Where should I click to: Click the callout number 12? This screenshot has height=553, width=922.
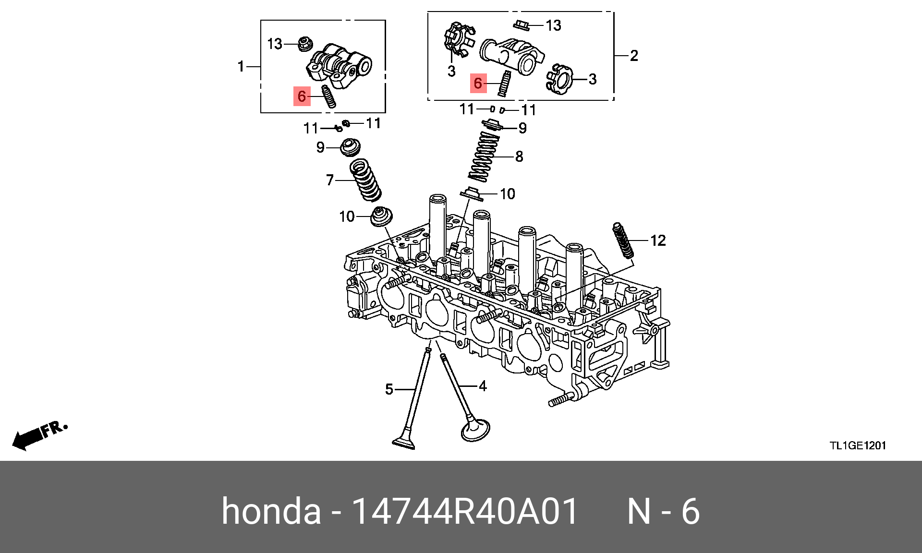(658, 240)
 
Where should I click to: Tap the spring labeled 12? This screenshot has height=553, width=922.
(623, 240)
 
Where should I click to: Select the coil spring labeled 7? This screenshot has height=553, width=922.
(366, 180)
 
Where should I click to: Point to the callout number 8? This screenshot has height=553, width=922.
(519, 156)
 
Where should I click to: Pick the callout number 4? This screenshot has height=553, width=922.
(483, 386)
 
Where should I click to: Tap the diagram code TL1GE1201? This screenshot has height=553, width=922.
(858, 445)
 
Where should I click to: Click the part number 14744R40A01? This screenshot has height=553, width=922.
(465, 511)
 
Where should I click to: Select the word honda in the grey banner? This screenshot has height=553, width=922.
(271, 511)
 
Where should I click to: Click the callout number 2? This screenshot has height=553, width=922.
(634, 56)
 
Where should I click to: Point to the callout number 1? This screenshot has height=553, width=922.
(241, 66)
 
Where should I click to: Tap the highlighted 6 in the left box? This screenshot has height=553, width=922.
(302, 96)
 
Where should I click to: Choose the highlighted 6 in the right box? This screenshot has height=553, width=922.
(478, 83)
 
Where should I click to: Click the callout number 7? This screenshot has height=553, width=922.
(330, 180)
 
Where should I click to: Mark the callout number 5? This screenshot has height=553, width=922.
(389, 389)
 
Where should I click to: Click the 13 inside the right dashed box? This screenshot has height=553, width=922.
(553, 25)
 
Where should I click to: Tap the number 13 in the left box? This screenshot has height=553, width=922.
(275, 44)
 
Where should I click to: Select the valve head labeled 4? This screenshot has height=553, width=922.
(475, 430)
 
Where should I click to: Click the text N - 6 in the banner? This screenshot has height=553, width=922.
(664, 511)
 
